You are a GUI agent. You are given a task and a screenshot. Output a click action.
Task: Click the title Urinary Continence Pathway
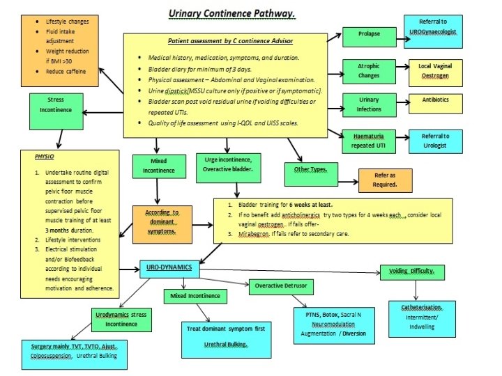pos(231,13)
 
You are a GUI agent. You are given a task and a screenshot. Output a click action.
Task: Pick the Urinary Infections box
pos(368,105)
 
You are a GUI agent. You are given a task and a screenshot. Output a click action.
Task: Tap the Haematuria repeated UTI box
pos(367,142)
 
